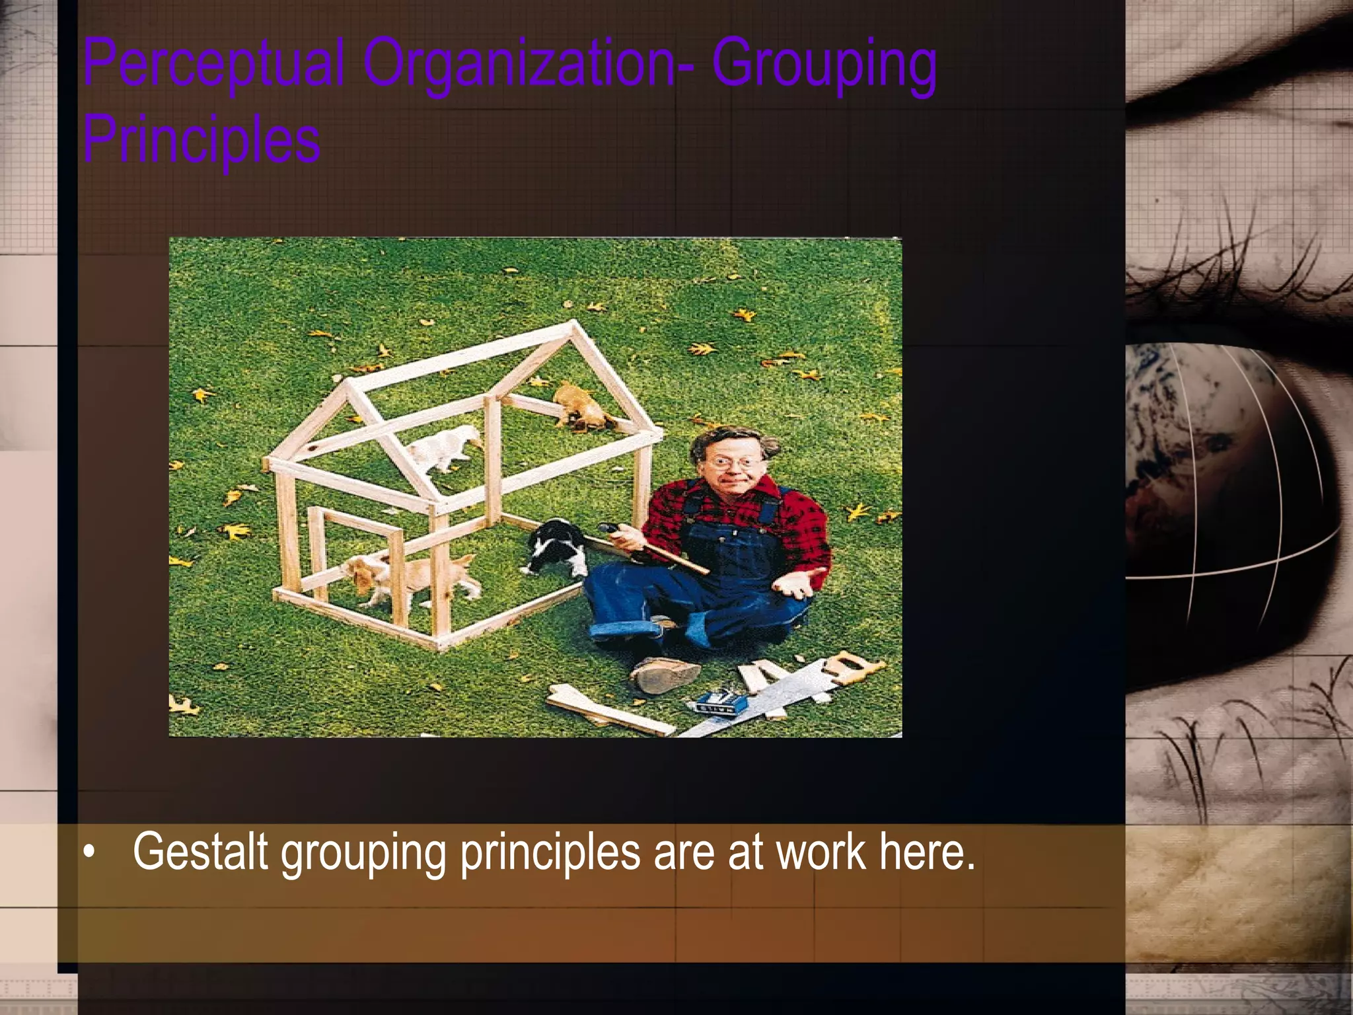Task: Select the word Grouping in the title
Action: (824, 64)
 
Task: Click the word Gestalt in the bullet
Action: (200, 852)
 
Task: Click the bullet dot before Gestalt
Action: (89, 853)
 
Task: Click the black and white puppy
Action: (558, 547)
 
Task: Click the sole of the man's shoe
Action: (664, 675)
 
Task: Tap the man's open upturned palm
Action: (796, 582)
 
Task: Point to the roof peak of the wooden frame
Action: (573, 325)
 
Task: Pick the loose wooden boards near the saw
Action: (608, 710)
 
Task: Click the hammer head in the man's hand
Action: (609, 528)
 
